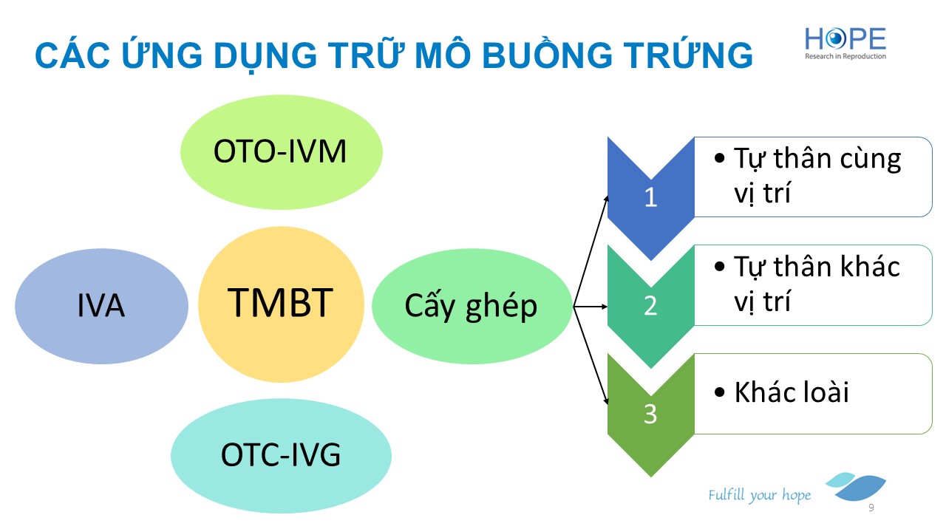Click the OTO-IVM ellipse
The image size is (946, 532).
pos(282,152)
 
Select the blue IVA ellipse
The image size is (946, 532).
pos(101,306)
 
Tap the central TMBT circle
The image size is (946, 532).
pos(282,304)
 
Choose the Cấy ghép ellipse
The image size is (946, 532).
pos(472,306)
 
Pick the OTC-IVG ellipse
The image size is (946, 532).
pos(282,456)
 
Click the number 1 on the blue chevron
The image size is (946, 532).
pos(651,197)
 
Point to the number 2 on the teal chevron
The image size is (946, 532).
pos(650,305)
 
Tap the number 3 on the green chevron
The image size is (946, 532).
pos(650,414)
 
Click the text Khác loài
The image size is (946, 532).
pos(792,392)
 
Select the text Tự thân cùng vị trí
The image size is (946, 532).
pos(817,176)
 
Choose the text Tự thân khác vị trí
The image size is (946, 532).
pos(817,284)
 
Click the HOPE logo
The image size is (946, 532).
pos(845,44)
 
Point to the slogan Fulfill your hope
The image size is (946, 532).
pos(759,495)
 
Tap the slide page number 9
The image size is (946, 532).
pos(871,508)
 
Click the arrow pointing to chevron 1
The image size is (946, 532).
pos(591,250)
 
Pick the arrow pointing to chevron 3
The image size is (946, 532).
pos(591,355)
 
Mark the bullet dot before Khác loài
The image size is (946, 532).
pos(719,392)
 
